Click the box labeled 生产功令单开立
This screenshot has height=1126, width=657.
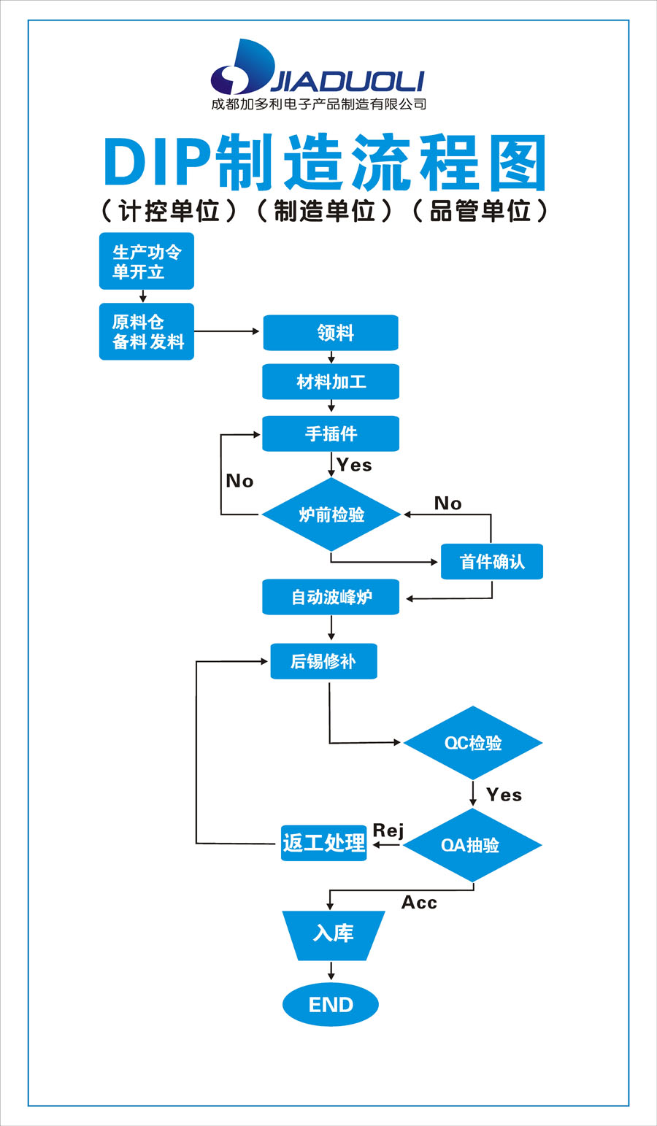coord(147,261)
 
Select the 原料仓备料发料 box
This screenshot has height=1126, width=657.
coord(147,332)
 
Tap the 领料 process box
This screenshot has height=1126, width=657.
coord(331,333)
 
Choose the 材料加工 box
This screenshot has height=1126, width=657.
coord(331,382)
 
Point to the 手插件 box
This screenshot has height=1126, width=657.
coord(331,433)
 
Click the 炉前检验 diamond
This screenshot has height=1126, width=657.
coord(331,514)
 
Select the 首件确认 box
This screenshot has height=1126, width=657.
coord(491,562)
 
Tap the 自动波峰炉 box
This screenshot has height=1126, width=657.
coord(331,597)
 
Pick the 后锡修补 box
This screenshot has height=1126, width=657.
coord(323,661)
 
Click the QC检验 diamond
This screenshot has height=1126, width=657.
coord(473,743)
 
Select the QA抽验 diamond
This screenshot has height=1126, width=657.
coord(472,845)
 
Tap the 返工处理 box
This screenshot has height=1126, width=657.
coord(323,843)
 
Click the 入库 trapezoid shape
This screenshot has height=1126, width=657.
coord(333,934)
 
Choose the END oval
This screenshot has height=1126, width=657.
coord(331,1005)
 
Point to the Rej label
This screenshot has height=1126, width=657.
coord(388,830)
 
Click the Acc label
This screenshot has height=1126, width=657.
coord(419,903)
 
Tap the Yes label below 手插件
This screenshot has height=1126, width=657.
coord(354,466)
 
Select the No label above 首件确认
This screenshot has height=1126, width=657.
coord(447,504)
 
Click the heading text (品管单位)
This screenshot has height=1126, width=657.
coord(480,211)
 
